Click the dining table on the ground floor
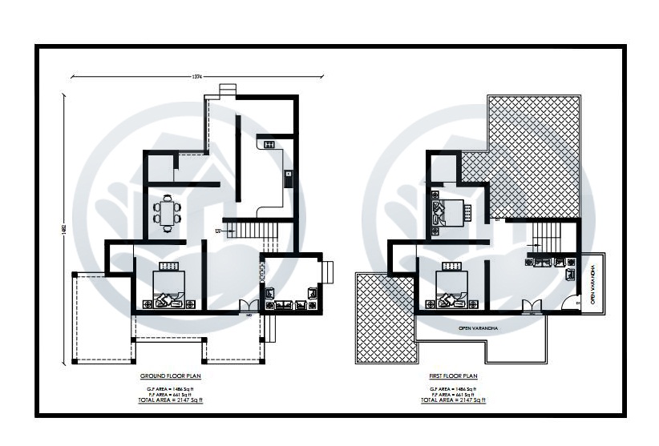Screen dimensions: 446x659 168,213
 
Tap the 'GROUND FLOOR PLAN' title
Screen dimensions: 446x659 170,376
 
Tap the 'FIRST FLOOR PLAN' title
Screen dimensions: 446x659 453,376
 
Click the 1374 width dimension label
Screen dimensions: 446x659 196,77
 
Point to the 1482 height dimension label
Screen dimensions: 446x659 63,227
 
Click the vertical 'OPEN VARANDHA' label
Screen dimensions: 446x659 594,284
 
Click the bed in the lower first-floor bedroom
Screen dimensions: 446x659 451,287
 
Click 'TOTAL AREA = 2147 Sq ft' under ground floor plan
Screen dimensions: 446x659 170,398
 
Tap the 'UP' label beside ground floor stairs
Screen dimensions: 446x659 217,231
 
